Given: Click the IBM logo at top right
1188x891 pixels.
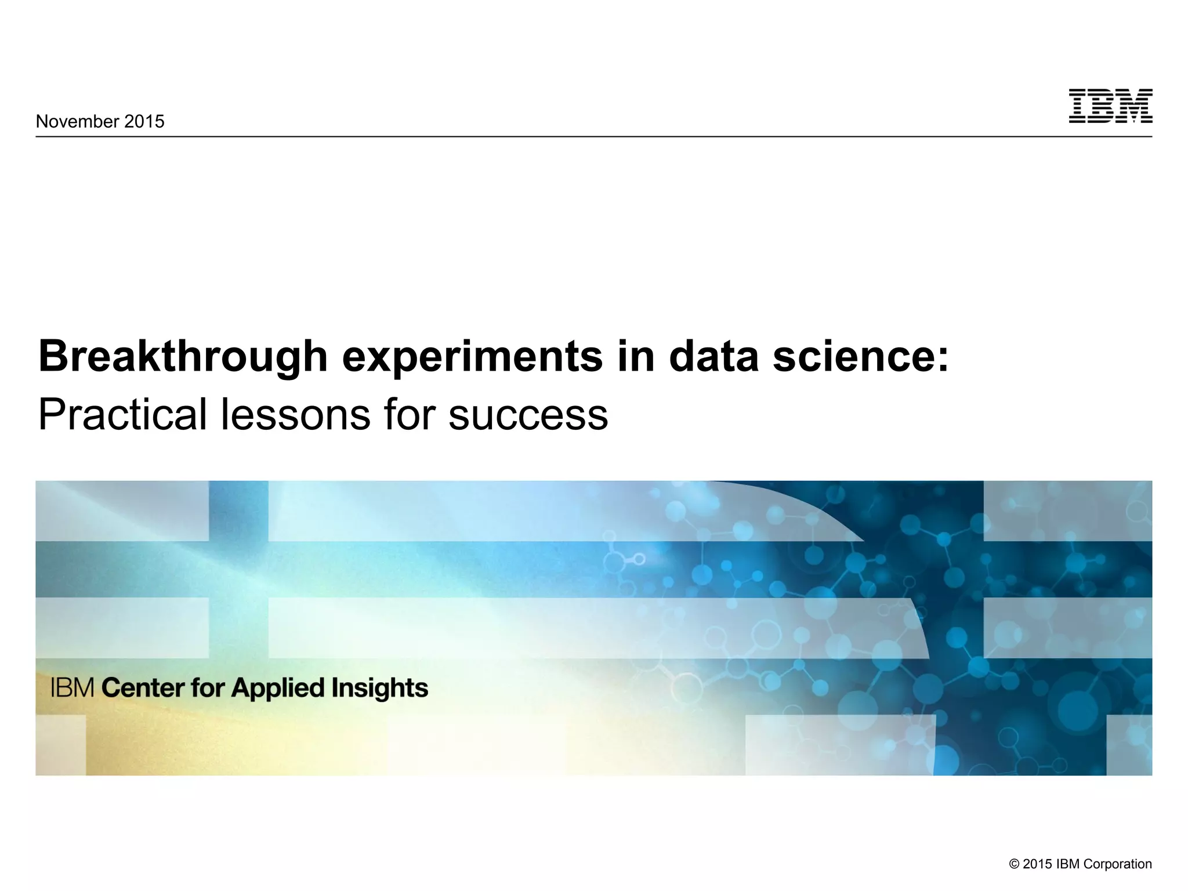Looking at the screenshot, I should (x=1110, y=106).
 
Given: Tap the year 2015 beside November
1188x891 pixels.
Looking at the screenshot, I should (x=144, y=121).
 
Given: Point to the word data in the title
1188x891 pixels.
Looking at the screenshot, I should (x=713, y=356).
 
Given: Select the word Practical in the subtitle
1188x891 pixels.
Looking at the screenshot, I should (x=122, y=415).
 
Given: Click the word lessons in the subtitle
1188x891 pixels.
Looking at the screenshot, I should (x=295, y=415).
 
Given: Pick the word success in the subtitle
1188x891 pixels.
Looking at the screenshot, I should (x=528, y=415).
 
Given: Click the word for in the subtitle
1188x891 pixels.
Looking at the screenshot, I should (x=408, y=415).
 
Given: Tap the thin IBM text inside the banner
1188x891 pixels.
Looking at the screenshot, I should (x=73, y=688).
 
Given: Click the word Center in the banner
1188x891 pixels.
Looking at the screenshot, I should (x=143, y=688).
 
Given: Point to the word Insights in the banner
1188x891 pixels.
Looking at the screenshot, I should (x=380, y=688).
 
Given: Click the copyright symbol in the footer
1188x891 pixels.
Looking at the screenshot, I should (x=1014, y=864).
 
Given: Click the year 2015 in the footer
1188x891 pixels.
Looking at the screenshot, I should (x=1037, y=864).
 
